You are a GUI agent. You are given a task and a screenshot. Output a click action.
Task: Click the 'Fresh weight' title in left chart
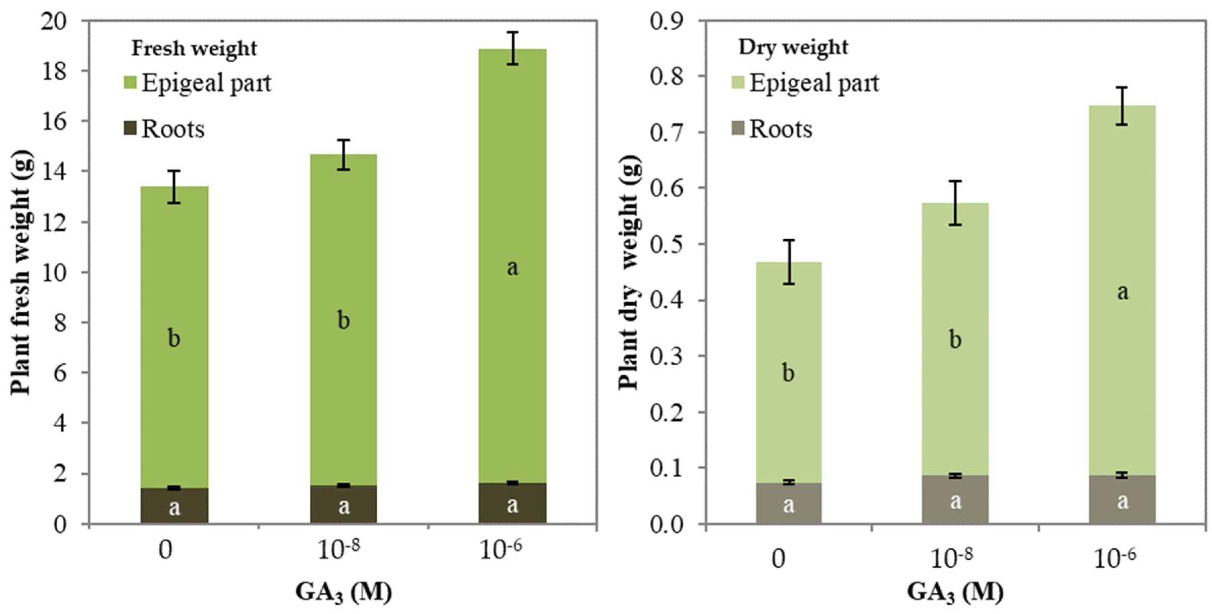[194, 48]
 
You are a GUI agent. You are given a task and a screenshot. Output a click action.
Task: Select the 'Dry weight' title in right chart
[793, 47]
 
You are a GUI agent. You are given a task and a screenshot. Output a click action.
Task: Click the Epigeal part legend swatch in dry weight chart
[738, 83]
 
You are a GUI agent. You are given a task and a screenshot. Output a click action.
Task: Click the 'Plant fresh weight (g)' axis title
[21, 273]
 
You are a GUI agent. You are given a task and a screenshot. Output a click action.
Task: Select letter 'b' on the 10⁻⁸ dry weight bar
[955, 340]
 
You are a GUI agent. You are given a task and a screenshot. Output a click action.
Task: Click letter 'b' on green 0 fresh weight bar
[174, 338]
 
